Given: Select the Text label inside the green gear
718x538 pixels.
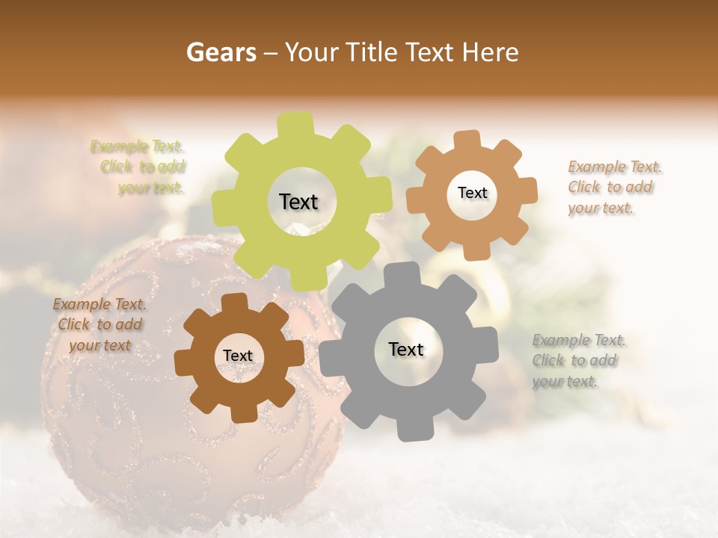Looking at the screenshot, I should coord(298,202).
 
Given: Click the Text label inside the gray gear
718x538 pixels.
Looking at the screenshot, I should coord(406,349).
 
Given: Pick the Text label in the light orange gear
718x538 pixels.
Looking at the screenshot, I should coord(472,193).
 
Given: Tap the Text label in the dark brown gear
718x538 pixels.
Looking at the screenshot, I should coord(238,356).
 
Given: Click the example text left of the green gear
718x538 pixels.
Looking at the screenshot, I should coord(142,167).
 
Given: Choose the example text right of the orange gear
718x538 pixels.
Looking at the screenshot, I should coord(613,188).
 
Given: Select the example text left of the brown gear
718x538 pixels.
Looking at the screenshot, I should coord(99,325).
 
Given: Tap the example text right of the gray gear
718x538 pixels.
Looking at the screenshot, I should coord(577,361).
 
